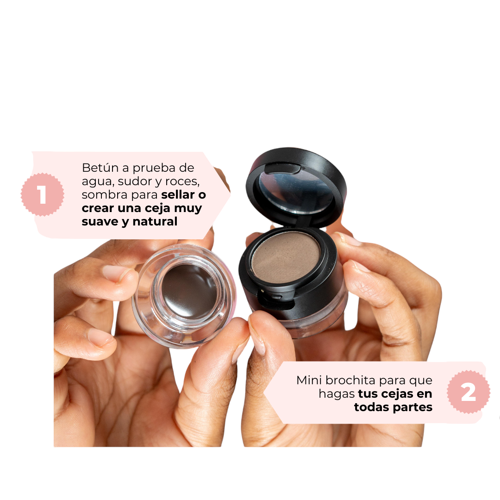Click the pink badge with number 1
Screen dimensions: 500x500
click(42, 195)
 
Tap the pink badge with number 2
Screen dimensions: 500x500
click(468, 393)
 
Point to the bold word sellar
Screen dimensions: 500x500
click(178, 194)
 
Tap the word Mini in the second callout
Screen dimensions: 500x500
click(309, 381)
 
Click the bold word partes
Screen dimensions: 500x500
click(412, 407)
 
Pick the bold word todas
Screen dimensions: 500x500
click(371, 407)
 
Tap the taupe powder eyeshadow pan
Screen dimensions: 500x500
click(286, 256)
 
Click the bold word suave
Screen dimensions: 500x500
click(98, 221)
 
